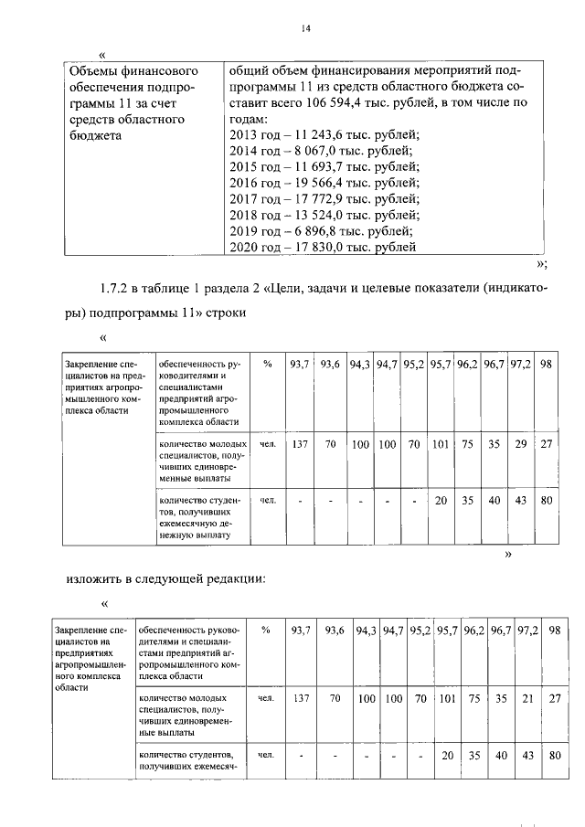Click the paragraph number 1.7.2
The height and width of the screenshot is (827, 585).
pos(120,290)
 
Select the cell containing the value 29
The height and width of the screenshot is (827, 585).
pos(522,445)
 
